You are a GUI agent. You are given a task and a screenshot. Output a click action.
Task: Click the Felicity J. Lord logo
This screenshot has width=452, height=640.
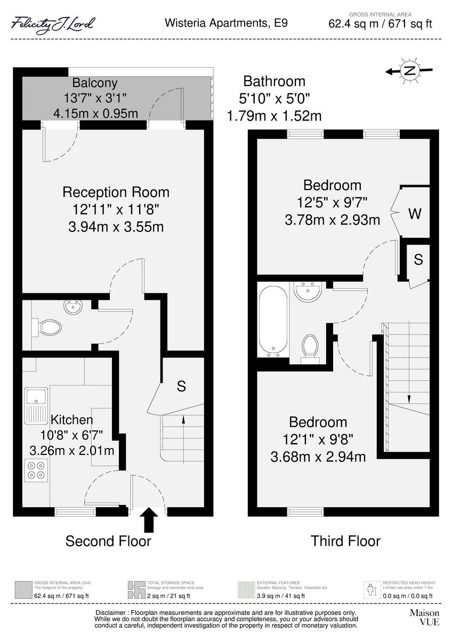point(53,25)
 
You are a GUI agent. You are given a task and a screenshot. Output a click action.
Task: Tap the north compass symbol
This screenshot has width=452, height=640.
point(409,70)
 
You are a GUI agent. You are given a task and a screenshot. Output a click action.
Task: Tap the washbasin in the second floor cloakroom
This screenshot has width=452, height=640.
point(72,307)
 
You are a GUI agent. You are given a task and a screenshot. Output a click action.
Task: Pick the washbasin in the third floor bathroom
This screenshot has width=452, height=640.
point(308,291)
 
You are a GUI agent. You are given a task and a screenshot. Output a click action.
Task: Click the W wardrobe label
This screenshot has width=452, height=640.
point(415,214)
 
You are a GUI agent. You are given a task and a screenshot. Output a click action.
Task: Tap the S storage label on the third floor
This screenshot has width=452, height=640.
point(418,260)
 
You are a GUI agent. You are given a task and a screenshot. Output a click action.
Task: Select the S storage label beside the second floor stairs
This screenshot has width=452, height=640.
point(181,387)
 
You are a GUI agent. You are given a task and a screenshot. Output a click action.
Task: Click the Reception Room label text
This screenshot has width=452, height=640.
point(116,192)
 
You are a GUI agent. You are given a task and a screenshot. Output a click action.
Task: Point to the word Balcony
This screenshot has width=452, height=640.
point(95,83)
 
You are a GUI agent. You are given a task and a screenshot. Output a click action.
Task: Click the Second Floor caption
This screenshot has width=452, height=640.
point(108,541)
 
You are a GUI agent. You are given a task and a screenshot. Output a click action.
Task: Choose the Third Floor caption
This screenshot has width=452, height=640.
point(345,541)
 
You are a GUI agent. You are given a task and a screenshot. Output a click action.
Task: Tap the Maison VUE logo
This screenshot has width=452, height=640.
point(424,618)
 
